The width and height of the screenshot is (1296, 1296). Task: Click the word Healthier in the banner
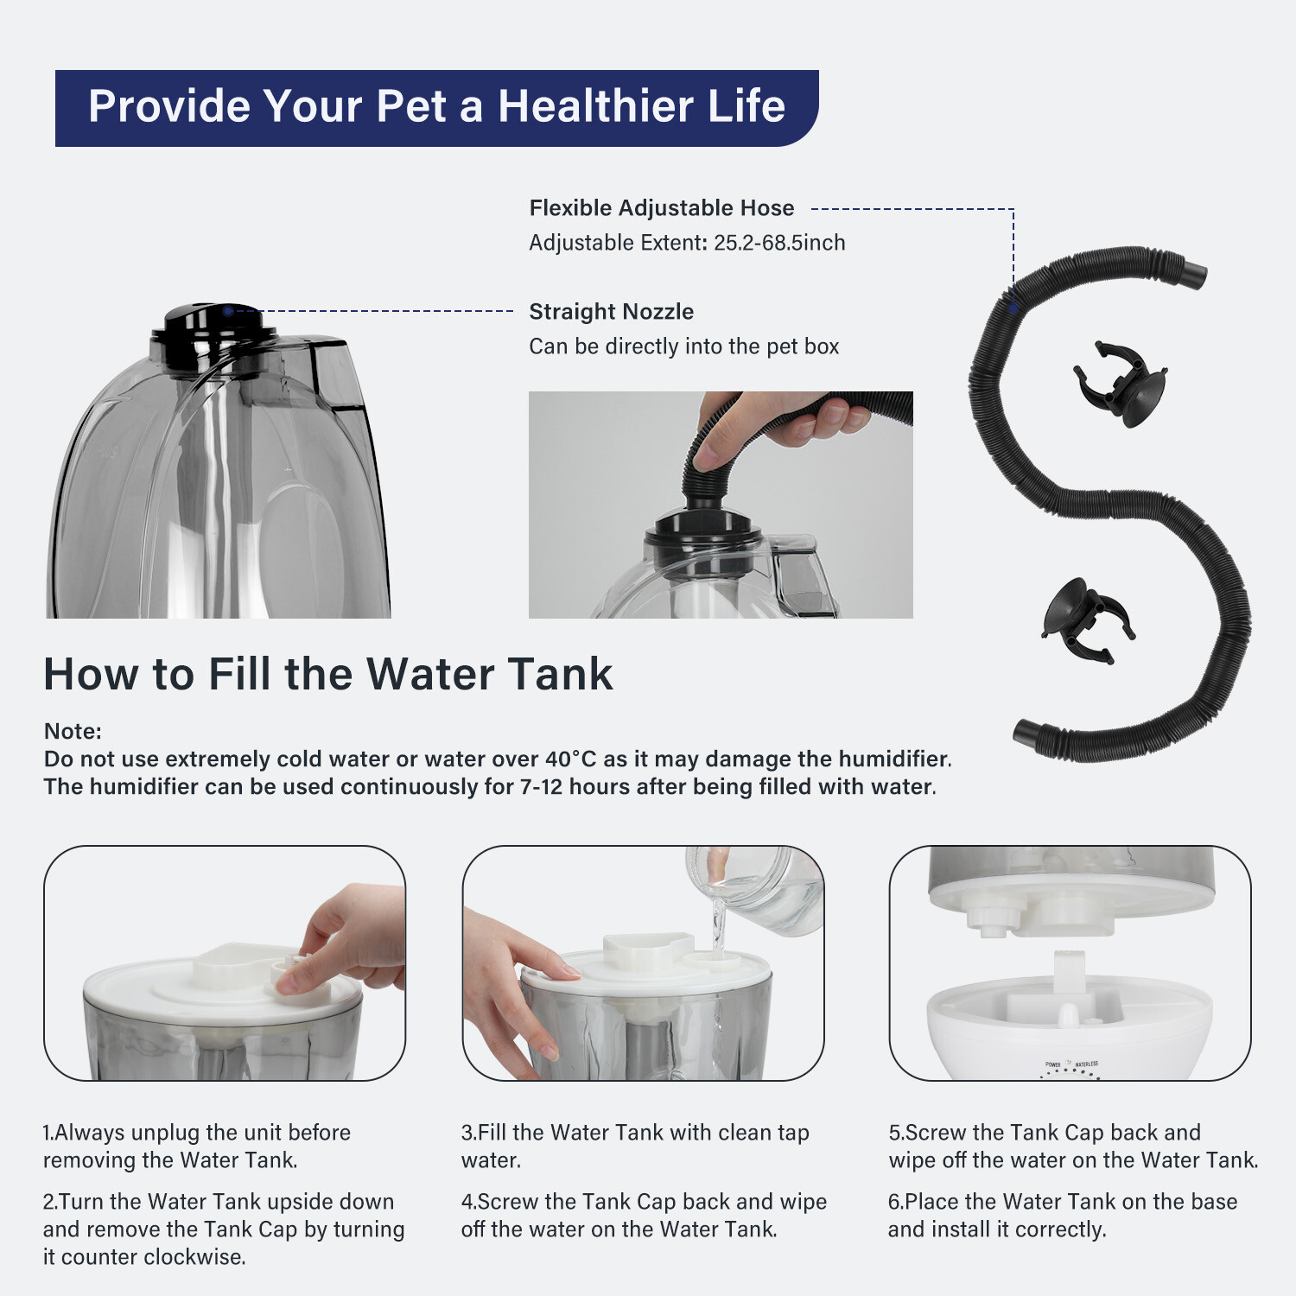(x=595, y=106)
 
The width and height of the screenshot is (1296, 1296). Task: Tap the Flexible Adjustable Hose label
(x=661, y=208)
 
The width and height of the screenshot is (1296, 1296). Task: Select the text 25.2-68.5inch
(x=778, y=243)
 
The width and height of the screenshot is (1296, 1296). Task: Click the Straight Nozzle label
(x=611, y=312)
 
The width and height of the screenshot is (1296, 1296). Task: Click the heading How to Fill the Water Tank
(x=328, y=674)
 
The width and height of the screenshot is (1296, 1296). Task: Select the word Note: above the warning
(x=73, y=732)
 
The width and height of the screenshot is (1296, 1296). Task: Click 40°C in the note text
(x=570, y=759)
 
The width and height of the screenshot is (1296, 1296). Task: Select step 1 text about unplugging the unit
(x=197, y=1146)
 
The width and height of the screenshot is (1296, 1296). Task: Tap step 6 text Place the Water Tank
(x=1063, y=1202)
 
